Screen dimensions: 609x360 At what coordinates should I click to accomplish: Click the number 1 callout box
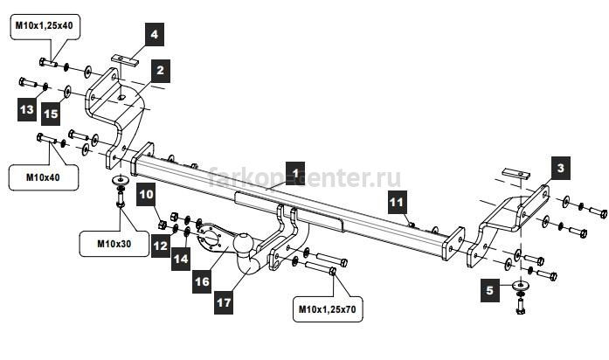(295, 174)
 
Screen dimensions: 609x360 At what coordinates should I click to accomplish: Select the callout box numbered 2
(161, 71)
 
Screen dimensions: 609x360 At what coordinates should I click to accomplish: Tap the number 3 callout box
(560, 168)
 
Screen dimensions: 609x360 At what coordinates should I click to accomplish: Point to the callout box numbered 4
(154, 34)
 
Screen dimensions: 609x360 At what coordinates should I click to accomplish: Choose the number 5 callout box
(490, 290)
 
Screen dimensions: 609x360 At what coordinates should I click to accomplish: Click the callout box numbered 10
(147, 194)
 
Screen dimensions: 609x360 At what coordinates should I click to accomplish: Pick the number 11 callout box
(397, 202)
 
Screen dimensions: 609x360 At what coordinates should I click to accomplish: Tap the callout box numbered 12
(161, 246)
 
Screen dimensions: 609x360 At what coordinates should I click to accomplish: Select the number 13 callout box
(27, 109)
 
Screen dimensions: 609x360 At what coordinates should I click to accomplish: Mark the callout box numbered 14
(181, 259)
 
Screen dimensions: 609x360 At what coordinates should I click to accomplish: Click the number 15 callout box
(51, 114)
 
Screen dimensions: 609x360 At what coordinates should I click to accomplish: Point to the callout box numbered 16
(202, 281)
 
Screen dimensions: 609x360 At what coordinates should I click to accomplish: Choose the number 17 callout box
(224, 302)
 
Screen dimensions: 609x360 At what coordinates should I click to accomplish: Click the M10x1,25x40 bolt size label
(45, 26)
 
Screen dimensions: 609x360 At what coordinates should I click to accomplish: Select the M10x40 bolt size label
(43, 177)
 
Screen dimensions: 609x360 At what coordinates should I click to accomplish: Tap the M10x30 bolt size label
(114, 244)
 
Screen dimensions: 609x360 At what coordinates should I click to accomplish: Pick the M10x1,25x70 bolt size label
(328, 309)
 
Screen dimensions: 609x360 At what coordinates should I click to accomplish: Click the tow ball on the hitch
(243, 243)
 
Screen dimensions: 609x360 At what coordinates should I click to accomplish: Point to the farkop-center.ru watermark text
(304, 178)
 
